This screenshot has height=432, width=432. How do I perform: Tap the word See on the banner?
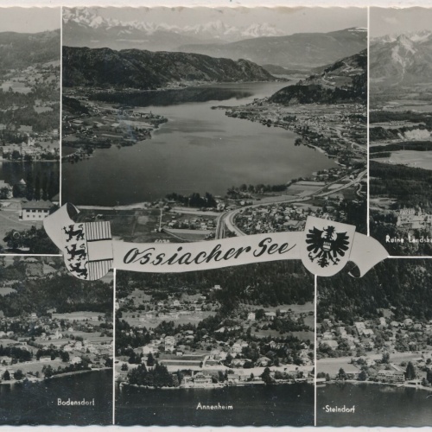[x=275, y=248]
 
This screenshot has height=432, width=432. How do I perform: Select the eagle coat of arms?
[x=327, y=245]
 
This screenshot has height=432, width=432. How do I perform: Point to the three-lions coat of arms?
[x=75, y=250]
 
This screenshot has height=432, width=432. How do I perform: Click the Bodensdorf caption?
[x=76, y=402]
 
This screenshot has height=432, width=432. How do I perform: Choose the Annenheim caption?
[x=215, y=405]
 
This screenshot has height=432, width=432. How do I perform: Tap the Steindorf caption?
[x=339, y=409]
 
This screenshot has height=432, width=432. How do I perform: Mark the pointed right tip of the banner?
[x=385, y=251]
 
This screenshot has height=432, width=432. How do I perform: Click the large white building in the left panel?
[x=37, y=209]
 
